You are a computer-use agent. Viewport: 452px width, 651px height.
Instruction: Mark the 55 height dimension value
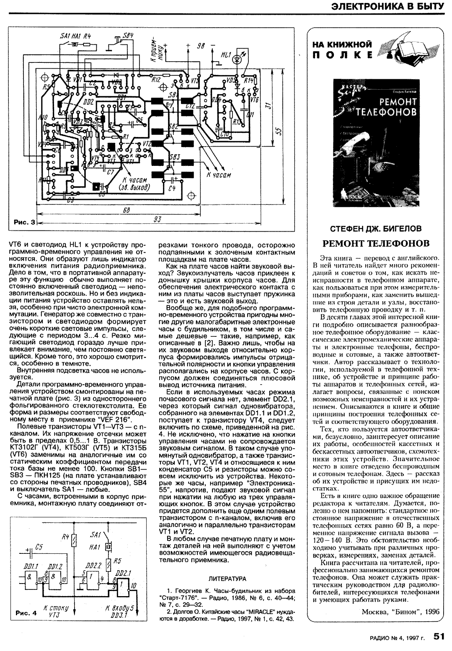click(x=278, y=131)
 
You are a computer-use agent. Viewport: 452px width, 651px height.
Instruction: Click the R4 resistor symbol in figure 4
click(x=75, y=540)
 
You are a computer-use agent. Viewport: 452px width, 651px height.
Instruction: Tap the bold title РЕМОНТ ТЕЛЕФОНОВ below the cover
click(x=375, y=243)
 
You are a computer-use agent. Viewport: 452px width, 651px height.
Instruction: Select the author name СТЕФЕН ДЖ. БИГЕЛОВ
click(x=375, y=229)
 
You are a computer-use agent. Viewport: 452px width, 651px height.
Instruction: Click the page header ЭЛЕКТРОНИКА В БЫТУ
click(x=387, y=6)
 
